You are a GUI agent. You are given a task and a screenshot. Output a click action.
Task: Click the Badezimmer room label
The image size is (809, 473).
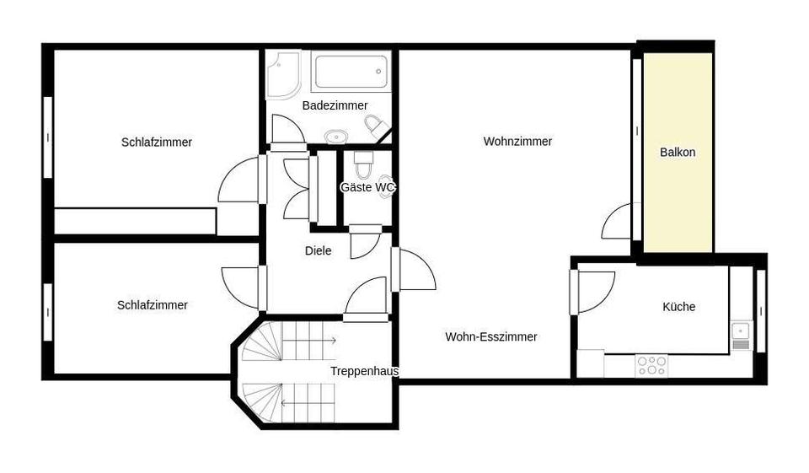pos(335,105)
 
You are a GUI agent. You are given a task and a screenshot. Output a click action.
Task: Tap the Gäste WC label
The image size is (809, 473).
pos(367,187)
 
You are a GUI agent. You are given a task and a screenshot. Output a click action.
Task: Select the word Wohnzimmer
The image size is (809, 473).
pos(517,142)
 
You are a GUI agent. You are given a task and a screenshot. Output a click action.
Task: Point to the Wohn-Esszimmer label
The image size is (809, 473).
pos(491,336)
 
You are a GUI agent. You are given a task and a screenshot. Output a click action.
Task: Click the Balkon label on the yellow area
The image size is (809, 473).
pos(678,153)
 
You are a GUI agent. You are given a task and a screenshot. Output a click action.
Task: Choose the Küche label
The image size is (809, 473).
pos(678,307)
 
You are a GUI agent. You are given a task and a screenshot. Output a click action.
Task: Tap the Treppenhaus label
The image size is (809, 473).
pos(364,371)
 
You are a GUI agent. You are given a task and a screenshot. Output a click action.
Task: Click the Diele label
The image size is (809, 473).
pos(318,250)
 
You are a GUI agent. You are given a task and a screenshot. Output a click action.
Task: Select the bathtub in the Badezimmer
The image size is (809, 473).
pos(351,73)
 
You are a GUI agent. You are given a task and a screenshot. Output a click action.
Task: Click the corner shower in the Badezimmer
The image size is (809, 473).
pos(283,73)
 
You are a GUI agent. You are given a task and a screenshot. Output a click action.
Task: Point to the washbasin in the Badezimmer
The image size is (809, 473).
pos(336,135)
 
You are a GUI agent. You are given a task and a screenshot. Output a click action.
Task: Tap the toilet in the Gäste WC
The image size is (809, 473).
pos(364,160)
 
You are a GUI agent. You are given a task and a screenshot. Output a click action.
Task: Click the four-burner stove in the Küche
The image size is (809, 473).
pos(651,365)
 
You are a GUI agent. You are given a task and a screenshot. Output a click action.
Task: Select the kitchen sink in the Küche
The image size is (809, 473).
pos(741,335)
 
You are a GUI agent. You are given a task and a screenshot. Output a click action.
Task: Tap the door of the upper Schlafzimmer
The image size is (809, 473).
pos(240,180)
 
